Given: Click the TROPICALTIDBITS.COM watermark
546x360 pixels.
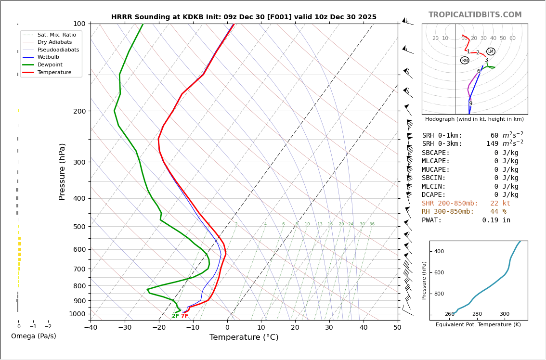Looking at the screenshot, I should (x=475, y=15).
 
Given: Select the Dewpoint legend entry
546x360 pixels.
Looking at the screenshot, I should (x=50, y=64).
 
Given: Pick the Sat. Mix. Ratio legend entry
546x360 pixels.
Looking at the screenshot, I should (x=56, y=35).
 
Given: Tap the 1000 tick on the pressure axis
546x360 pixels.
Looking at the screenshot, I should (x=77, y=314).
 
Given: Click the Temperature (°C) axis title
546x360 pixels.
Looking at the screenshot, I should (x=244, y=337).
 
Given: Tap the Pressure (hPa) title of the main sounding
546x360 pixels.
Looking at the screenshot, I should (x=62, y=171).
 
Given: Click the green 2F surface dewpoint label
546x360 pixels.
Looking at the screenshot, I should (x=175, y=316).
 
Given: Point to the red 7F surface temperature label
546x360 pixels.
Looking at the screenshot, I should (x=184, y=316).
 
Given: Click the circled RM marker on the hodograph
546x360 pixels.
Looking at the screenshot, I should (x=465, y=60).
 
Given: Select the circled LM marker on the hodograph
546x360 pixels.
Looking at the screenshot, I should (x=491, y=51).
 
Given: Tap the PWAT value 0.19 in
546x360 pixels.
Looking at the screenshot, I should (x=496, y=220).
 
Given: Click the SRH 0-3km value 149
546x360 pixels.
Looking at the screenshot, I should (x=492, y=144).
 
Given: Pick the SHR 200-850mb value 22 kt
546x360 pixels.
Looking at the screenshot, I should (x=500, y=204).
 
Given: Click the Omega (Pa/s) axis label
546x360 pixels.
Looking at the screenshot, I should (x=33, y=336).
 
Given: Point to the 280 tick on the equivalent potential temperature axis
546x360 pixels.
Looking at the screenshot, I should (x=477, y=314).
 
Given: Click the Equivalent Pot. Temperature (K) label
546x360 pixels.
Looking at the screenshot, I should (x=478, y=325).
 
